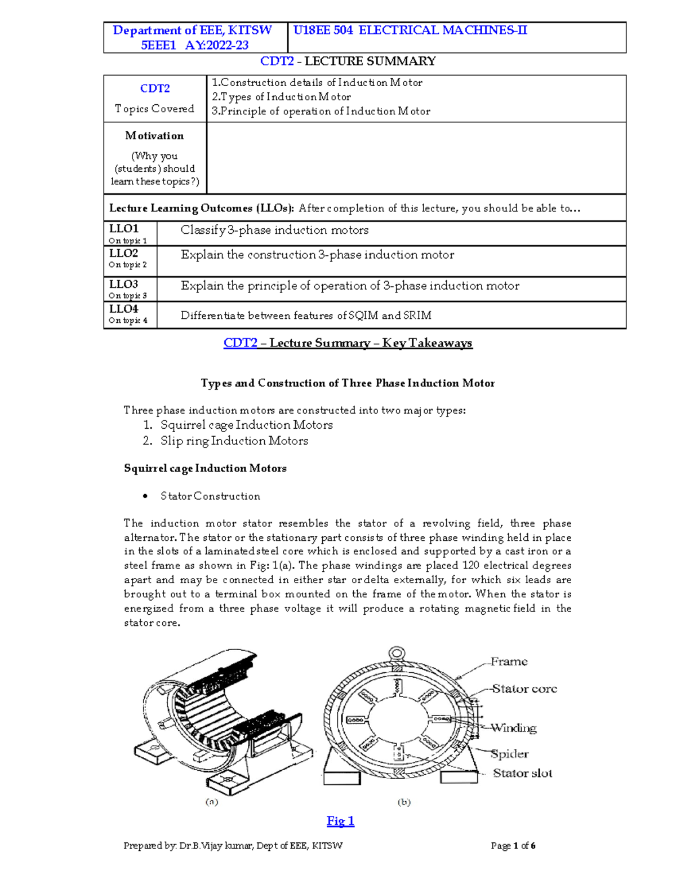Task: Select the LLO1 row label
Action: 123,229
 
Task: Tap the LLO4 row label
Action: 123,309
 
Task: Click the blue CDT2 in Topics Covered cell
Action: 155,88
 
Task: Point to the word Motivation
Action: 154,136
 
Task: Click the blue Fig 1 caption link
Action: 340,821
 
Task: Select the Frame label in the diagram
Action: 509,661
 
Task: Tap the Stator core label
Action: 524,689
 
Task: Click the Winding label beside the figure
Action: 513,728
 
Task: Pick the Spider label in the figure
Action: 509,754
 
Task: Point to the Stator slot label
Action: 522,773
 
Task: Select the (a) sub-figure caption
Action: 211,802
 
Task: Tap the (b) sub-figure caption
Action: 404,802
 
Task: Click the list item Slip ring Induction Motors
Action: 234,441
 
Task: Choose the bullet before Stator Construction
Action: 145,496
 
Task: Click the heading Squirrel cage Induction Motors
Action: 205,468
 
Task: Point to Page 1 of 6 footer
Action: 513,846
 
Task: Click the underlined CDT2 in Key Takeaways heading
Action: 241,343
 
